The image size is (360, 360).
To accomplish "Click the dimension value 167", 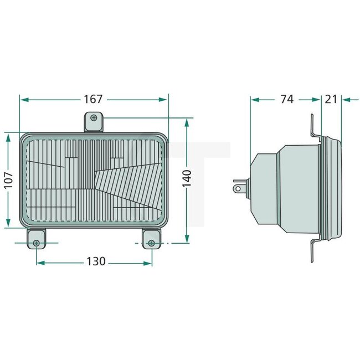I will click(x=93, y=99).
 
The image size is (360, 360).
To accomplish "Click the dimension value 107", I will click(x=8, y=180).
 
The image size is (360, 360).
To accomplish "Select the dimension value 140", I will click(x=187, y=180).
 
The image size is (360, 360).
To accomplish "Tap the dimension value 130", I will click(x=96, y=261).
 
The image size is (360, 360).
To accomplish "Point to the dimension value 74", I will click(x=286, y=99).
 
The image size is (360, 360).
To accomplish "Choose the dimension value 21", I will click(x=331, y=99).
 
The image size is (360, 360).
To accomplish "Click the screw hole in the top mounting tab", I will click(x=94, y=118).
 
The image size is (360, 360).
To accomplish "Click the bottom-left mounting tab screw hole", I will click(x=37, y=243).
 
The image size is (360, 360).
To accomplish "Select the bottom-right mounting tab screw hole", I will click(x=151, y=243).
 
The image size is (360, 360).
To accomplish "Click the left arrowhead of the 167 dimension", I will click(x=23, y=99).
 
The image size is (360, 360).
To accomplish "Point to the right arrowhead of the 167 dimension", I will click(x=164, y=99).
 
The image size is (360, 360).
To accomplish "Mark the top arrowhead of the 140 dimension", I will click(x=187, y=121).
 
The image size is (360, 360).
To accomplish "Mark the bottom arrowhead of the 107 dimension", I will click(x=8, y=224).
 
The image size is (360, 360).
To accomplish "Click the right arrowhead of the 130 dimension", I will click(x=148, y=261).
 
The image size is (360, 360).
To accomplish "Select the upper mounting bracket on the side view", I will click(x=313, y=127).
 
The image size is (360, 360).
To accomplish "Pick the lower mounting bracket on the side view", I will click(x=313, y=249).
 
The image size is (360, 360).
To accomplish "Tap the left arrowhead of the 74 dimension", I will click(x=254, y=99).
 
